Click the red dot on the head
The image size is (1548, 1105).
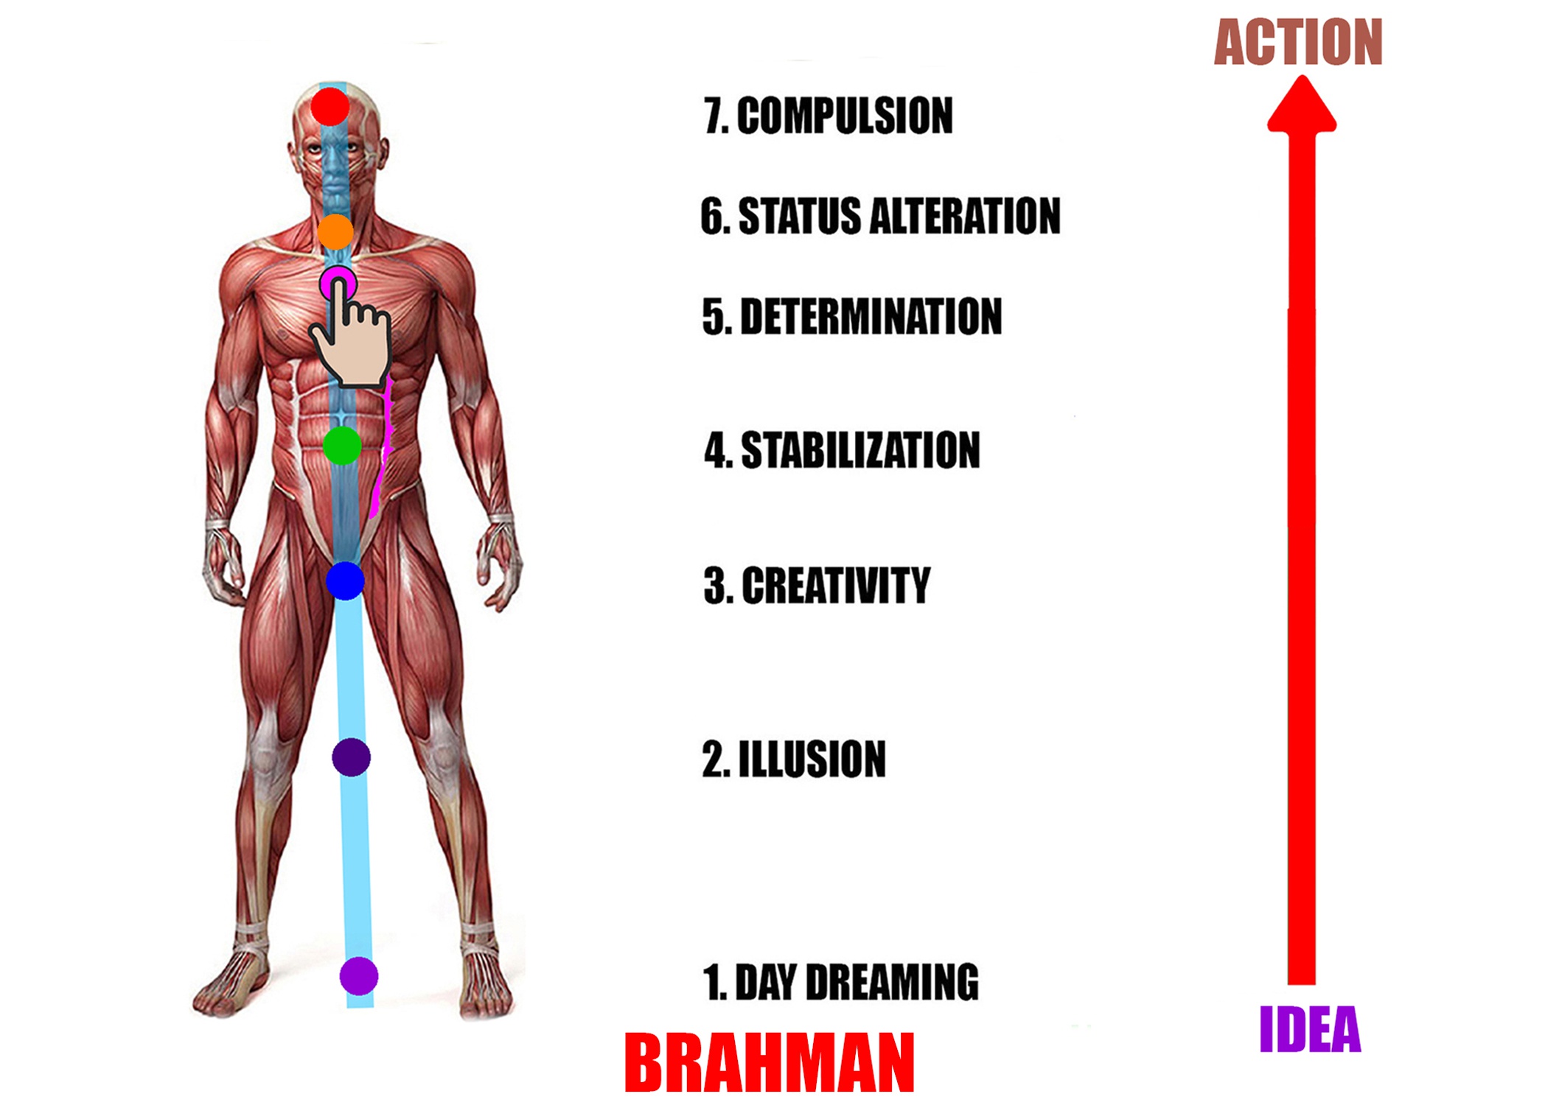pyautogui.click(x=330, y=107)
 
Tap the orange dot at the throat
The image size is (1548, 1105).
pyautogui.click(x=335, y=232)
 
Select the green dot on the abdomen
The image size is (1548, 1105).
pyautogui.click(x=342, y=446)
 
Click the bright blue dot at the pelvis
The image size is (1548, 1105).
pyautogui.click(x=345, y=580)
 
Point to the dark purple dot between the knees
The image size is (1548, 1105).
pyautogui.click(x=351, y=757)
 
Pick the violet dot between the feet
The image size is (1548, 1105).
pyautogui.click(x=359, y=976)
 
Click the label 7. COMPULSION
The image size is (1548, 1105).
pyautogui.click(x=828, y=116)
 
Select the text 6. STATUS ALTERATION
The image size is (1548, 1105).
pyautogui.click(x=880, y=216)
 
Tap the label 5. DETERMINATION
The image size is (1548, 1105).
pyautogui.click(x=852, y=317)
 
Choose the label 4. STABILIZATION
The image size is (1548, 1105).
pyautogui.click(x=842, y=450)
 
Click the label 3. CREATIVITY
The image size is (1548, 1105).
pyautogui.click(x=817, y=586)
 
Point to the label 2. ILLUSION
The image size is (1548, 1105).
pyautogui.click(x=794, y=759)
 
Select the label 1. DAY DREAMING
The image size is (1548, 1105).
pyautogui.click(x=840, y=982)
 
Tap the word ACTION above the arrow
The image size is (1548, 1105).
pyautogui.click(x=1298, y=43)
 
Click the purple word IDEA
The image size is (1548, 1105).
pyautogui.click(x=1310, y=1029)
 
